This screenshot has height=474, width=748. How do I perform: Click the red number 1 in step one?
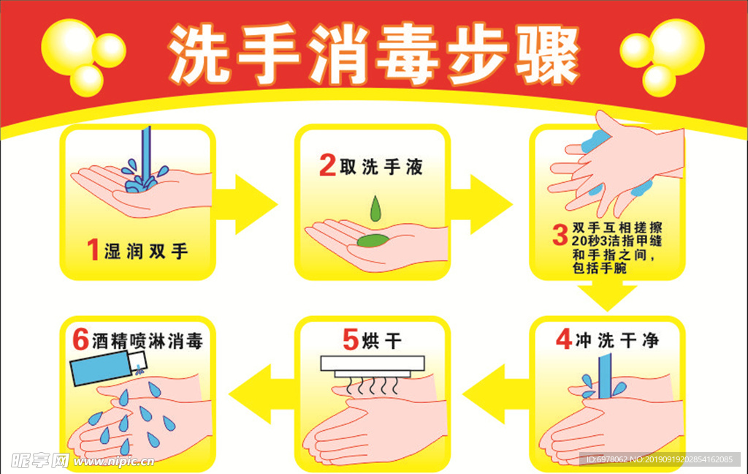point(93,251)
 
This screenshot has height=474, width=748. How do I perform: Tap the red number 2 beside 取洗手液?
point(328,167)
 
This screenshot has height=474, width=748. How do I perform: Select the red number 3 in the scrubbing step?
point(560,236)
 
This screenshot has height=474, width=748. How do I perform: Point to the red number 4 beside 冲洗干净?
point(563,340)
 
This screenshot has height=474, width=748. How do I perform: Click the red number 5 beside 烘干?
point(351,340)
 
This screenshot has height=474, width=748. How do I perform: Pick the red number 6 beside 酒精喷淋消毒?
point(80,340)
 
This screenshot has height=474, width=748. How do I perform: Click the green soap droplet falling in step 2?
point(375,209)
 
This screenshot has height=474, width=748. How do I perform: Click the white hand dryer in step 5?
point(373,364)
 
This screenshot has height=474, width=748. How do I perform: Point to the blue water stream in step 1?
point(146,150)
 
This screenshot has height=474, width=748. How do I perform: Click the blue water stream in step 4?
point(605,375)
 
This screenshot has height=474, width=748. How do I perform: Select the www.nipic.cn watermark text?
point(114,462)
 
